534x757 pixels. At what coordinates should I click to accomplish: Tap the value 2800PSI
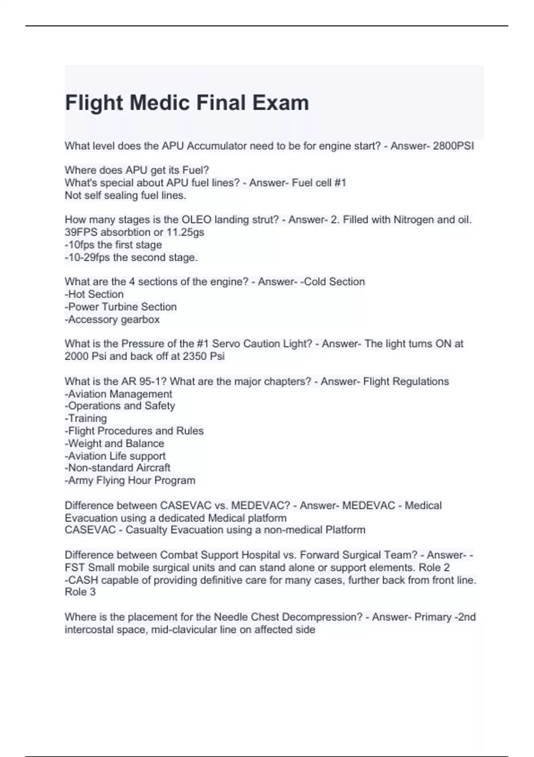pyautogui.click(x=453, y=146)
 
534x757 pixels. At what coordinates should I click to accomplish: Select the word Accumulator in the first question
pyautogui.click(x=213, y=146)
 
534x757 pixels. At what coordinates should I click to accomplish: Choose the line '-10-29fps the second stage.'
pyautogui.click(x=131, y=257)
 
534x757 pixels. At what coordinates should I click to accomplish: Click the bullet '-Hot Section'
pyautogui.click(x=94, y=294)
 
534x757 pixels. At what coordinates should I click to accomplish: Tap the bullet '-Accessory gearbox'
pyautogui.click(x=112, y=319)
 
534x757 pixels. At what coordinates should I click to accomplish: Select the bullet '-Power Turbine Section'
pyautogui.click(x=121, y=307)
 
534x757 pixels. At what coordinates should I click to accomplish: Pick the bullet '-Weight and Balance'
pyautogui.click(x=114, y=444)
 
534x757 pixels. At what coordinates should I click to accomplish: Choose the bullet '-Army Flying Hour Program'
pyautogui.click(x=130, y=480)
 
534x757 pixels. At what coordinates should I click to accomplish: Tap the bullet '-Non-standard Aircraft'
pyautogui.click(x=117, y=468)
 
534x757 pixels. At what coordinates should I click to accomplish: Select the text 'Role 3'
pyautogui.click(x=80, y=592)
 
